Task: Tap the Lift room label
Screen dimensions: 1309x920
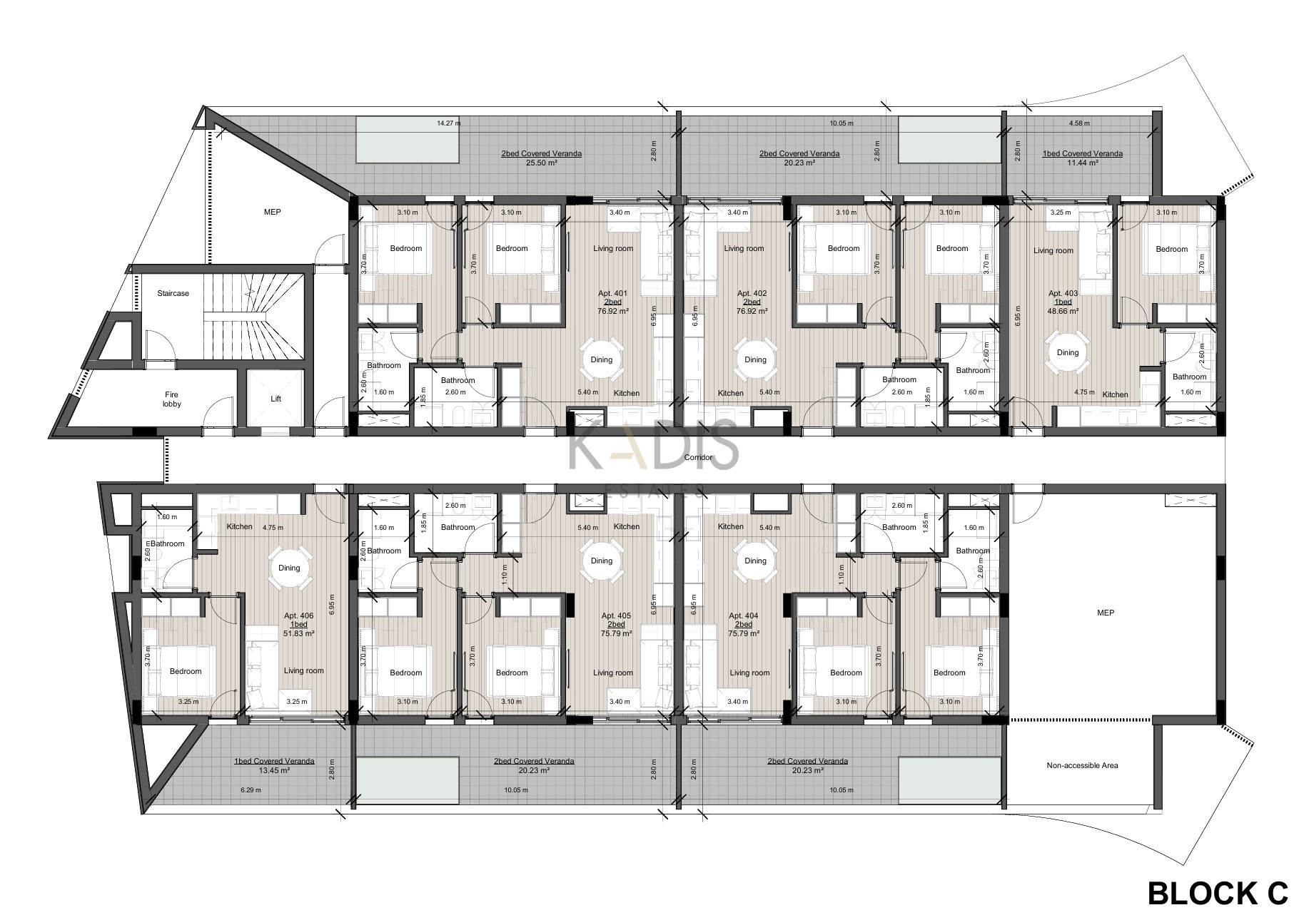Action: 276,399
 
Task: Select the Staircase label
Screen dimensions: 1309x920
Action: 173,293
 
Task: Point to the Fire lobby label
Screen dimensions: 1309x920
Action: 172,399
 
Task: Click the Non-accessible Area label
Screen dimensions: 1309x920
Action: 1082,765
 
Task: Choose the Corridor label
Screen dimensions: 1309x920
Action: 698,457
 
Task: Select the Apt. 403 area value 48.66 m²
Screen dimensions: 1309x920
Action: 1063,311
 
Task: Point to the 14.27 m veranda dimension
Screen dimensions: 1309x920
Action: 449,123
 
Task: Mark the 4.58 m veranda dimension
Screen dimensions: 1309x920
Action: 1079,123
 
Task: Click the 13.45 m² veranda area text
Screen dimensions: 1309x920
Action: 274,770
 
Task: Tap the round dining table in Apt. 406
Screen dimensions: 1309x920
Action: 290,568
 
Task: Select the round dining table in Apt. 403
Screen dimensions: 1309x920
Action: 1068,352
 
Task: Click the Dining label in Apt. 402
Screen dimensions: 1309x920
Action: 755,359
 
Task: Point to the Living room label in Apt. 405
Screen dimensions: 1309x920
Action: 613,673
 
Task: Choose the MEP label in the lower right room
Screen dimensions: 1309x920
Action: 1105,613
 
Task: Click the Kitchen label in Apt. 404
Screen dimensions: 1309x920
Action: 731,526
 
